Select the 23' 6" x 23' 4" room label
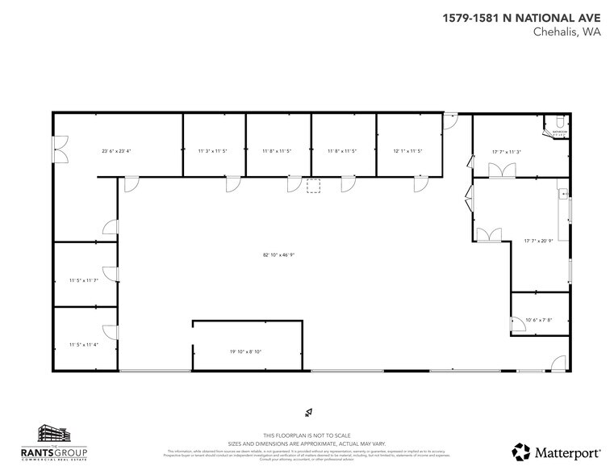(x=116, y=150)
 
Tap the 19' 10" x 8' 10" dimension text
(x=246, y=351)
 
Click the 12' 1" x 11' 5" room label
(x=407, y=150)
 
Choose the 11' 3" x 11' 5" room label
(x=213, y=150)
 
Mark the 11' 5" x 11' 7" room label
(x=84, y=280)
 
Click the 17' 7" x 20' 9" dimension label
(x=538, y=240)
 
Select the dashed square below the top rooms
(x=314, y=187)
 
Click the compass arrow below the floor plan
(x=307, y=414)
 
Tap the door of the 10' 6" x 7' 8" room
(x=516, y=324)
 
